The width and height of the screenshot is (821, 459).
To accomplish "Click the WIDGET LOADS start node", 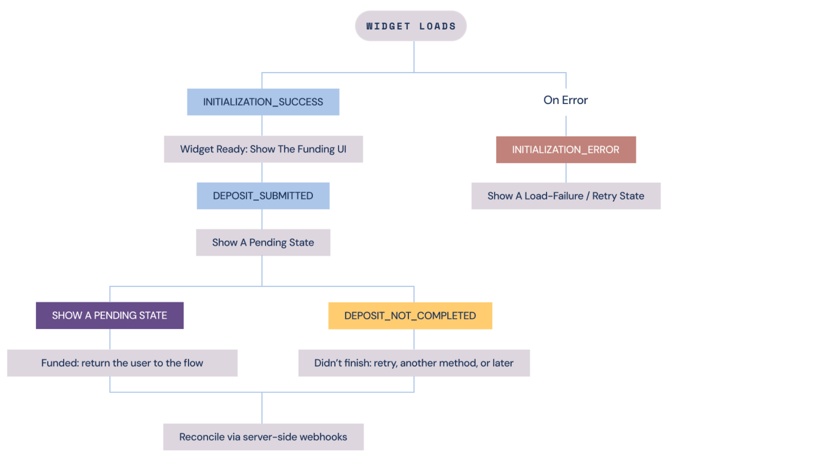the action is pos(410,26).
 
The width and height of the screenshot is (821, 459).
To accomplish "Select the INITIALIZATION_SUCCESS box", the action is pos(263,102).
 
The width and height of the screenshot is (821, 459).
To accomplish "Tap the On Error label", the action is pos(566,100).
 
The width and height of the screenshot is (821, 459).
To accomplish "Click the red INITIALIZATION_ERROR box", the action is pos(566,150).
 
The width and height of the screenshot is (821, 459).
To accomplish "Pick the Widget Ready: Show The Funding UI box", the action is pos(263,149).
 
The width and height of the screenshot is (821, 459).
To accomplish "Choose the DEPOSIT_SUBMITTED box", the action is pos(263,196).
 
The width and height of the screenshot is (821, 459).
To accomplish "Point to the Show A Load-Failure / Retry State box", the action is pos(566,196).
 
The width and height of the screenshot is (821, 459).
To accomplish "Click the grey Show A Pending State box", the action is pos(263,243).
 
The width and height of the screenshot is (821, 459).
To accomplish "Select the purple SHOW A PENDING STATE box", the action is pos(109,316).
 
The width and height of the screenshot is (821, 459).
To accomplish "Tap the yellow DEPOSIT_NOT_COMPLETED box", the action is pos(410,316).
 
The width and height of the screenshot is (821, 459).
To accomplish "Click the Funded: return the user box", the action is pos(122,363).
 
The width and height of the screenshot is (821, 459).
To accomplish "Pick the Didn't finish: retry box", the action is pos(414,363).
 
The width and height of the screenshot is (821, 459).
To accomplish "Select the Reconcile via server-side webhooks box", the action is pos(263,437).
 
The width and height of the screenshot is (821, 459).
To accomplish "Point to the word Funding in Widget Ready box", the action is pos(316,150).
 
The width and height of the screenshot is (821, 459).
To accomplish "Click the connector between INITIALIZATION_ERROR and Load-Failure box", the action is pos(566,173).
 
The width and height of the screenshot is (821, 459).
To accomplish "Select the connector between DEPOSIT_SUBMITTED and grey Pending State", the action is pos(262,219).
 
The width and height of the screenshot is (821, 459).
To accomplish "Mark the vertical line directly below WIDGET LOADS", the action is pos(414,57).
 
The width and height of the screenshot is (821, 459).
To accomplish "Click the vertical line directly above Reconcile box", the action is pos(262,408).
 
